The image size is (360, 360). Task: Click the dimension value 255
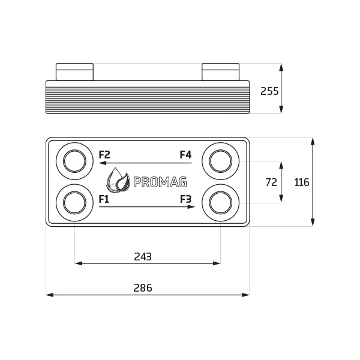(x=269, y=91)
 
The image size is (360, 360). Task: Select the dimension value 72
(x=271, y=182)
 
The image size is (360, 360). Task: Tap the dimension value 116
(x=302, y=182)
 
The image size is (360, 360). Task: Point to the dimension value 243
(x=143, y=257)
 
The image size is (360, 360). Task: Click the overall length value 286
(x=143, y=288)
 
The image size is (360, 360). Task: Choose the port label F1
(x=104, y=199)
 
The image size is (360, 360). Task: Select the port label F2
(x=104, y=155)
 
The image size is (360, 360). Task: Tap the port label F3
(x=185, y=199)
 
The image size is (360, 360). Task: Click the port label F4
(x=185, y=155)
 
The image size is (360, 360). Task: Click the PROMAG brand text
(x=160, y=182)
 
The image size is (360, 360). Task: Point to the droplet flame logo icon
(x=118, y=181)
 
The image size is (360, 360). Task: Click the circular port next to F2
(x=74, y=161)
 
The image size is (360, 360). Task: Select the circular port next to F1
(x=74, y=203)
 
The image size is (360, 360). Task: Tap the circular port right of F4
(x=220, y=161)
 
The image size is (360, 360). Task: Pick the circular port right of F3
(x=220, y=203)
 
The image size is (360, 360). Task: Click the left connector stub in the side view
(x=74, y=72)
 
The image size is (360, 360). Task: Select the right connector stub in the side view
(x=220, y=72)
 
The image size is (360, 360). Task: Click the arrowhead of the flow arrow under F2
(x=103, y=163)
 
